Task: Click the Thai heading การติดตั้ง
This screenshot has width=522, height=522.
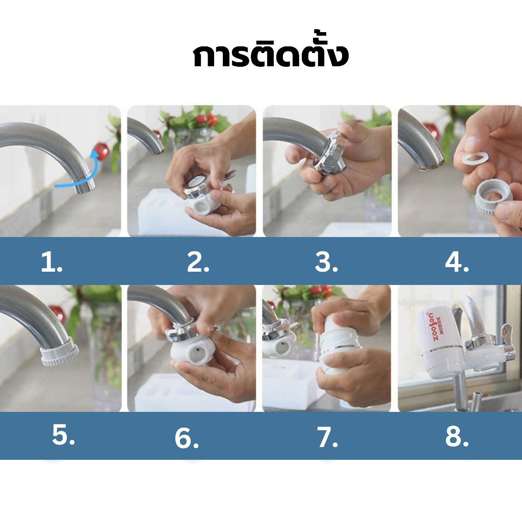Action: coord(271,55)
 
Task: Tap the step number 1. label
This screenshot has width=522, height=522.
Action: coord(51,262)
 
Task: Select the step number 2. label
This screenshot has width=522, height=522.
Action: coord(198,262)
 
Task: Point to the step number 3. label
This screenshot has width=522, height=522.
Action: coord(326,262)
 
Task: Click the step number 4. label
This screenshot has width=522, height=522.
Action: coord(457,263)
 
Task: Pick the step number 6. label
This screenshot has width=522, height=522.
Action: coord(187,438)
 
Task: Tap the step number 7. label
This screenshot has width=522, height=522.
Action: coord(328,437)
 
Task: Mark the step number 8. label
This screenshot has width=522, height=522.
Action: coord(457,436)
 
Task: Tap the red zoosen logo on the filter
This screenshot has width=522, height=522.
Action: coord(430,326)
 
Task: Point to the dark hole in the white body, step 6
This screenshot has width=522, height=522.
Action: coord(198,350)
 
